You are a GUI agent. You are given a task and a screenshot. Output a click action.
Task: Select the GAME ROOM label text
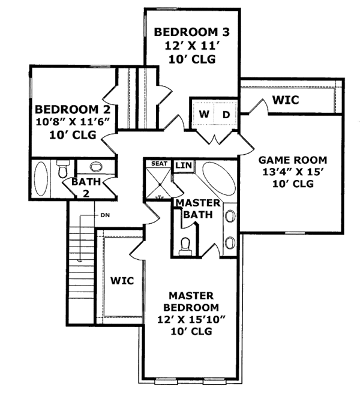292,160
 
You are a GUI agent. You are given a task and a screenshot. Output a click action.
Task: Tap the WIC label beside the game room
286,100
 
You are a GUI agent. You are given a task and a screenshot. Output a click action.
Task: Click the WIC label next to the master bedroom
122,280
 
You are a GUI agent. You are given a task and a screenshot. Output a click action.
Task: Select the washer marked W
204,113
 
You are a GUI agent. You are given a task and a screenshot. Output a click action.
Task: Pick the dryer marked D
227,113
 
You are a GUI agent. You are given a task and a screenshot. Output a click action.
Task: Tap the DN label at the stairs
104,215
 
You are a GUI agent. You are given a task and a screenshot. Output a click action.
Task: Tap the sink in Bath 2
95,167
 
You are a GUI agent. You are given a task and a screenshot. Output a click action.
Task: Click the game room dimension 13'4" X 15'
292,173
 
